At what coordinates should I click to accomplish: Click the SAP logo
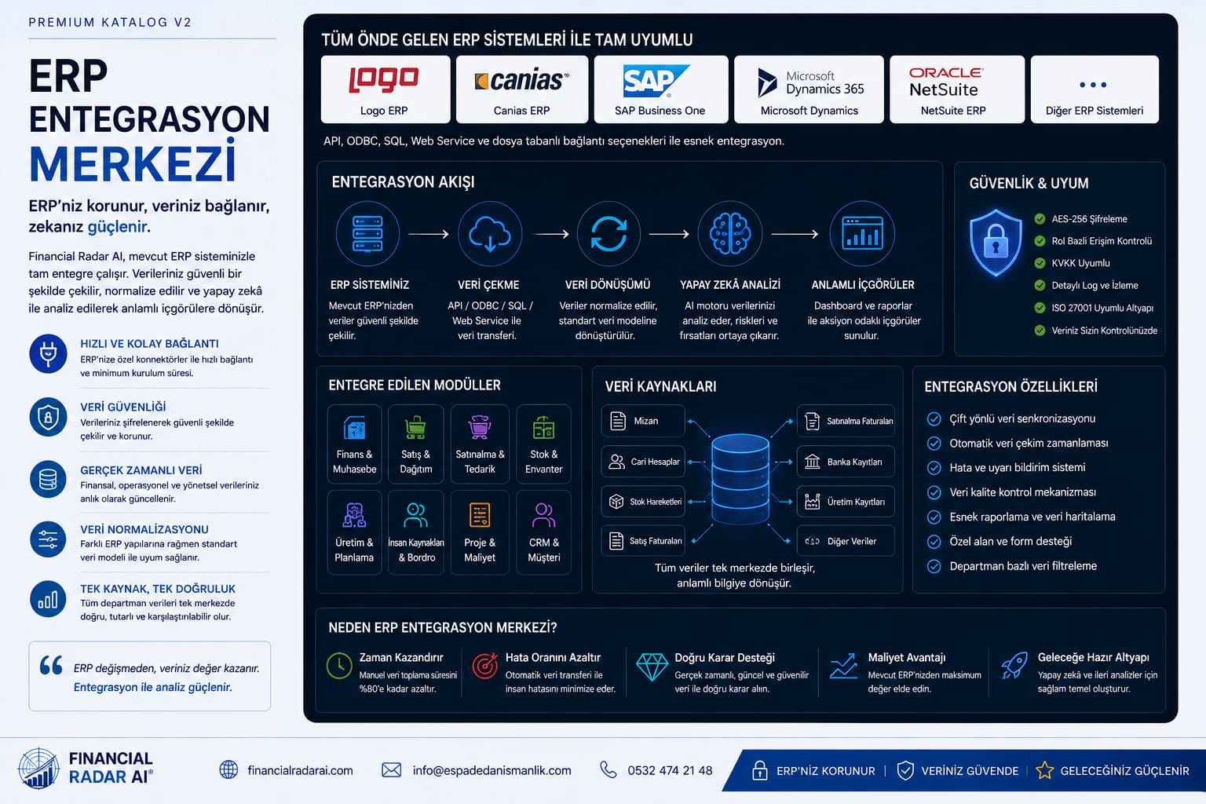[656, 81]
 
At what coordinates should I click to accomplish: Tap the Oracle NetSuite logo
[946, 82]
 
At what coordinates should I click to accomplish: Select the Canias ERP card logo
[521, 81]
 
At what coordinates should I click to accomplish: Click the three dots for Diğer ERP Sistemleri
[1093, 85]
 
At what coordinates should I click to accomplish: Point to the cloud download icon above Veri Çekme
[489, 234]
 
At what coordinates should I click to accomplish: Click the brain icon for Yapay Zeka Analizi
[729, 233]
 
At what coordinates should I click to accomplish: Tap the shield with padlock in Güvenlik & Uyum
[996, 243]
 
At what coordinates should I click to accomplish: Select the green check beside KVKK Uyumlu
[1040, 263]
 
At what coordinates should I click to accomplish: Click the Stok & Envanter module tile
[544, 444]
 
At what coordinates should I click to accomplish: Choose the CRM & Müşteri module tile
[544, 532]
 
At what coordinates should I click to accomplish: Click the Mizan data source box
[643, 421]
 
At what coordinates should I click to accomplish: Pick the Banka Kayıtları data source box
[846, 462]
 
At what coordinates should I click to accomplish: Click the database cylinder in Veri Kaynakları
[740, 478]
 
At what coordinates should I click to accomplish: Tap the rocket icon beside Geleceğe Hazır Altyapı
[1014, 666]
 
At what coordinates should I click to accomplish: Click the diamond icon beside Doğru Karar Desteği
[652, 667]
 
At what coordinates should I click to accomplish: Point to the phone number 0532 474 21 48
[670, 770]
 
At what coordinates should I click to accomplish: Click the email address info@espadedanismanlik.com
[492, 770]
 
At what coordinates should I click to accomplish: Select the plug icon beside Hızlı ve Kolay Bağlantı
[48, 354]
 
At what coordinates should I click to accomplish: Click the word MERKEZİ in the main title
[133, 163]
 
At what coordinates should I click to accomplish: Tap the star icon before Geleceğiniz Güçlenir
[1044, 770]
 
